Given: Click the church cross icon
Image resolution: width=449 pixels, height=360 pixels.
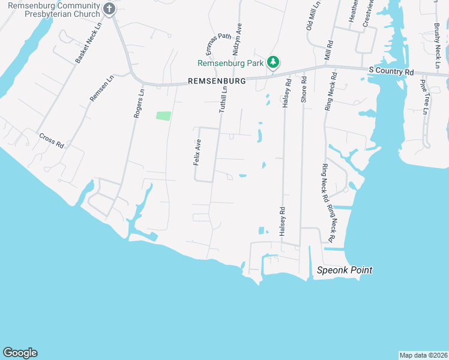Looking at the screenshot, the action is pyautogui.click(x=109, y=8).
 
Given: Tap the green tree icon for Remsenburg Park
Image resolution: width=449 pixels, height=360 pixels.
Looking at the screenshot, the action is pyautogui.click(x=273, y=62).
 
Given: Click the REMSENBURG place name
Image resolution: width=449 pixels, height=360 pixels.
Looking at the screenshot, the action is pyautogui.click(x=217, y=80).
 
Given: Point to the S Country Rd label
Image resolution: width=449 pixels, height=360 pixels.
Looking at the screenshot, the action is pyautogui.click(x=391, y=71).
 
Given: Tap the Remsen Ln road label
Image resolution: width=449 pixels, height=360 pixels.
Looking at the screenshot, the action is pyautogui.click(x=101, y=88).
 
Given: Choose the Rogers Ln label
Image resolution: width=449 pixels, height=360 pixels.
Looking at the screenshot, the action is pyautogui.click(x=139, y=103).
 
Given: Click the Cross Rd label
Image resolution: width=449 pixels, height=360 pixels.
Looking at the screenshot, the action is pyautogui.click(x=52, y=140).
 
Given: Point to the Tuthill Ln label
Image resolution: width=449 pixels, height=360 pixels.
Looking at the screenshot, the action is pyautogui.click(x=223, y=98).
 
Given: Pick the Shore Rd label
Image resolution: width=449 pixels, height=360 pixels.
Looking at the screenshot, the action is pyautogui.click(x=304, y=89).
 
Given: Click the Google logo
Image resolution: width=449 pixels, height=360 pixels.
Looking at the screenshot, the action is pyautogui.click(x=20, y=353).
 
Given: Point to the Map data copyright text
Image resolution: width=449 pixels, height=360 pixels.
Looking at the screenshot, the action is pyautogui.click(x=423, y=355).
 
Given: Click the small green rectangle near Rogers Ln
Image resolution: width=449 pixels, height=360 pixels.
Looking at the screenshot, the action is pyautogui.click(x=163, y=115).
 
